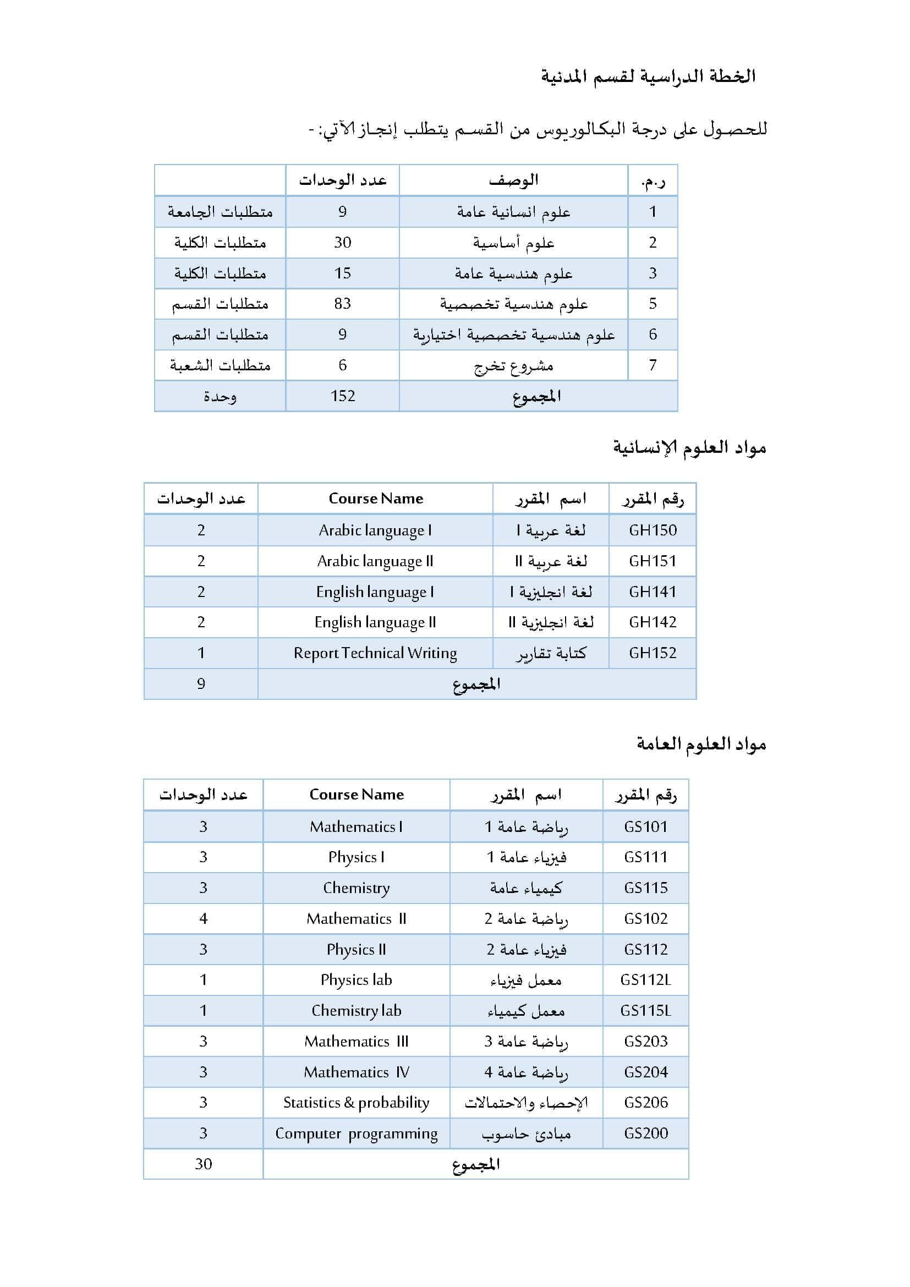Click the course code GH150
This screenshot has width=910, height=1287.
pos(653,530)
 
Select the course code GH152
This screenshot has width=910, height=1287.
pos(653,653)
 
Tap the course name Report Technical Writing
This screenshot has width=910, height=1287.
pos(375,653)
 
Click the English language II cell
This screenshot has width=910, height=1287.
pos(375,622)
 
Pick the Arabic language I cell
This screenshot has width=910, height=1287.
pos(375,530)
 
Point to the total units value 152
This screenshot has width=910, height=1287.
pos(342,396)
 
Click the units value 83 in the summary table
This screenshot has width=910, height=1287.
pos(342,304)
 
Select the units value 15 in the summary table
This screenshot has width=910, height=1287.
pos(342,273)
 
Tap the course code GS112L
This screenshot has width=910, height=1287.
pos(645,980)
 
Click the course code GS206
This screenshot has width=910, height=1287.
pos(645,1103)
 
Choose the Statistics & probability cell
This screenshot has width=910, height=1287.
pos(357,1103)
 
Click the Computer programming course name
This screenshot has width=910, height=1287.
pos(357,1133)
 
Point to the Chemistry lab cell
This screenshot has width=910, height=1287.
pos(357,1011)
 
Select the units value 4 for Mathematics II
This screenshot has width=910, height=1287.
pos(204,919)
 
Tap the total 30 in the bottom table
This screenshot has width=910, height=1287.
pos(204,1164)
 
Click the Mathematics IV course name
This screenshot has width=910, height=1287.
pos(357,1072)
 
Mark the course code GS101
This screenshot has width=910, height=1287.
pos(645,827)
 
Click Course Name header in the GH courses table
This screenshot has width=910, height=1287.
pos(375,499)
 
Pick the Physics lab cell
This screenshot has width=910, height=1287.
pos(357,980)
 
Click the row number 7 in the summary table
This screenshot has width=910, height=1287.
pos(653,365)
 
